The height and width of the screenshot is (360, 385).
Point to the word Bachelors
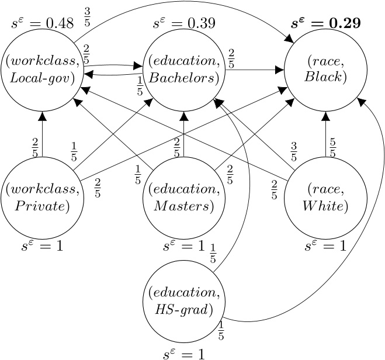click(185, 78)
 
